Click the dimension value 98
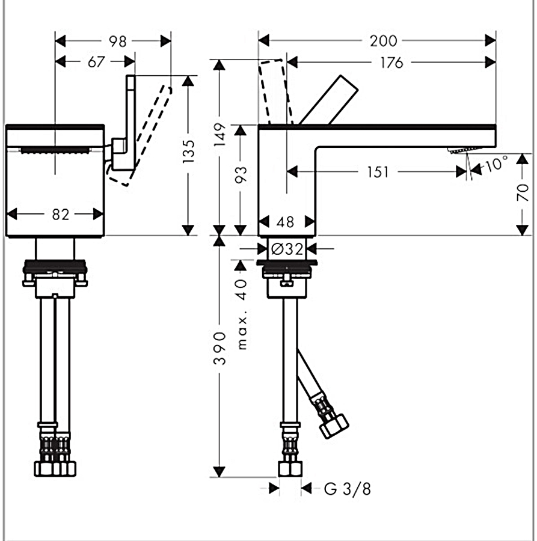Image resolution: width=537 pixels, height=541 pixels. coord(118,41)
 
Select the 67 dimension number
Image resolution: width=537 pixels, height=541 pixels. coord(96,62)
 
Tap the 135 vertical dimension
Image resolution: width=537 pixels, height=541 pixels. coord(189,152)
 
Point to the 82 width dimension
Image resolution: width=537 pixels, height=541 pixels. coord(60,215)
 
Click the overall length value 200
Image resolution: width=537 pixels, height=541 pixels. coord(384,41)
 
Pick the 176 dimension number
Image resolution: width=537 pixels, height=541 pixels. coord(391,62)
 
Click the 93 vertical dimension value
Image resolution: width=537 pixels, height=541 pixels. coord(241,174)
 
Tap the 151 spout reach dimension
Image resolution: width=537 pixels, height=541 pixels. coord(378,172)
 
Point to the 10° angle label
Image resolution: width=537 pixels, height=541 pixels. coord(496,163)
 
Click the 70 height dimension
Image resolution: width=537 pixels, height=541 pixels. coord(523,192)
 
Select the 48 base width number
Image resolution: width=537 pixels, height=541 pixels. coord(286,222)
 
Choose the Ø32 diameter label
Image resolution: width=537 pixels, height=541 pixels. coord(286,248)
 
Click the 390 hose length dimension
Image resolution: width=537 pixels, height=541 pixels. coord(220,349)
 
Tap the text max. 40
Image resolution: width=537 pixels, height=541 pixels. coord(241,314)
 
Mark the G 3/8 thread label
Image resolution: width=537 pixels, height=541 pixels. coord(348,489)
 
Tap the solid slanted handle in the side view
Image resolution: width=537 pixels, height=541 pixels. coord(329,100)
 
